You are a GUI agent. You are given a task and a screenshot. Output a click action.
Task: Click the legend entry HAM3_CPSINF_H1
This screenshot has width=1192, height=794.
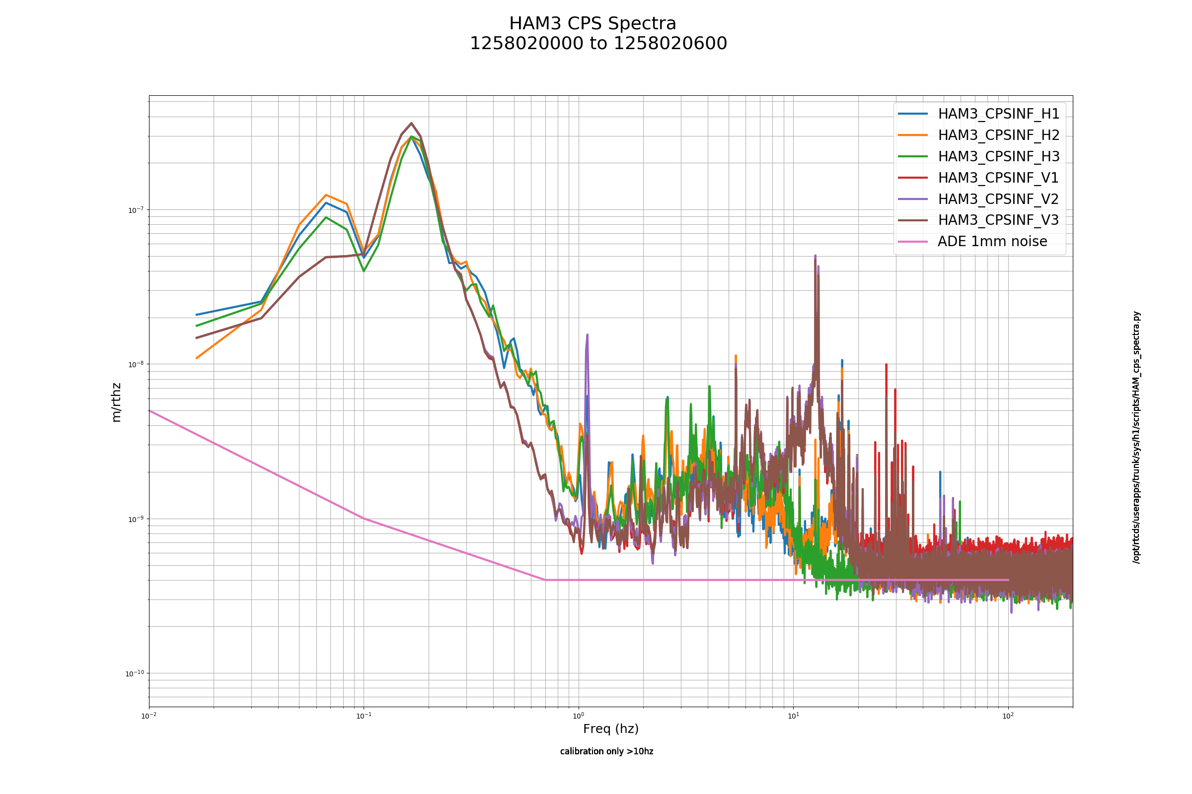(998, 114)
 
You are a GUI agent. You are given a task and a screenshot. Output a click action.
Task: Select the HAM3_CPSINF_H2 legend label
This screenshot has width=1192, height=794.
(998, 135)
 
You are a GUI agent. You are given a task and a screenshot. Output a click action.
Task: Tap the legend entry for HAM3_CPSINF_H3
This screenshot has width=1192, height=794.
(998, 156)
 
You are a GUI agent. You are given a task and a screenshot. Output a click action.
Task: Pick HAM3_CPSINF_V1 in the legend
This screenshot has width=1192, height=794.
(998, 178)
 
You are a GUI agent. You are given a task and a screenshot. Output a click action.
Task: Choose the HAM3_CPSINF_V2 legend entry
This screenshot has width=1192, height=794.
(998, 199)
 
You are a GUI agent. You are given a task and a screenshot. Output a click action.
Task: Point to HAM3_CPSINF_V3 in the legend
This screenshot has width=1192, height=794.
(998, 220)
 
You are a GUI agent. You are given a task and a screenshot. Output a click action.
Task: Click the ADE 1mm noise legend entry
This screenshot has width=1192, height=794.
(992, 241)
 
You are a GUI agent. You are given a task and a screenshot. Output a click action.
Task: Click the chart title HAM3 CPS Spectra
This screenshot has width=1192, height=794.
(593, 24)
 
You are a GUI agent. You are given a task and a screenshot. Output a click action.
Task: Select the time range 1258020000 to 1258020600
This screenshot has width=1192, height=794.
(598, 44)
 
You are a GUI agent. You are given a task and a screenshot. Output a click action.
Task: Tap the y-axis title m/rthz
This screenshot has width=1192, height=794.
(116, 402)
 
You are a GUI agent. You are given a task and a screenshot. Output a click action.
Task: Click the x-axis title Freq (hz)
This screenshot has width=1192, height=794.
(611, 728)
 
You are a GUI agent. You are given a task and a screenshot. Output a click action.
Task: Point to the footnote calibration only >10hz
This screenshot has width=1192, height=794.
(606, 751)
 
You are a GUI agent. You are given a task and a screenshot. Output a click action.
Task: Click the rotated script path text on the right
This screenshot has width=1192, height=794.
(1137, 437)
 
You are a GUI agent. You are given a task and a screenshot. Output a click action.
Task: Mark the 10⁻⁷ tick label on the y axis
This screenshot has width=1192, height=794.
(136, 209)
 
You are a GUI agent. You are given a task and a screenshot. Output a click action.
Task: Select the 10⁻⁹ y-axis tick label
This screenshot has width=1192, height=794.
(136, 519)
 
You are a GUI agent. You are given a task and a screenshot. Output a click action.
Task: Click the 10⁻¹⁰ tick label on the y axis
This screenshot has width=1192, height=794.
(135, 673)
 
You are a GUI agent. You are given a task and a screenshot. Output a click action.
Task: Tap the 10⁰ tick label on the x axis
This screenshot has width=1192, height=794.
(578, 716)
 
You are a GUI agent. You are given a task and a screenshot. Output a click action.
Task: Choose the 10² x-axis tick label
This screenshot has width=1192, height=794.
(1008, 716)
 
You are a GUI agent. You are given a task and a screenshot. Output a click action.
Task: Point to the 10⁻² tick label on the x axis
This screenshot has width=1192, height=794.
(149, 716)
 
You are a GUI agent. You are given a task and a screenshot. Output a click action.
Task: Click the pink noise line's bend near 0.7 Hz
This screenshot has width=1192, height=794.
(545, 580)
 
